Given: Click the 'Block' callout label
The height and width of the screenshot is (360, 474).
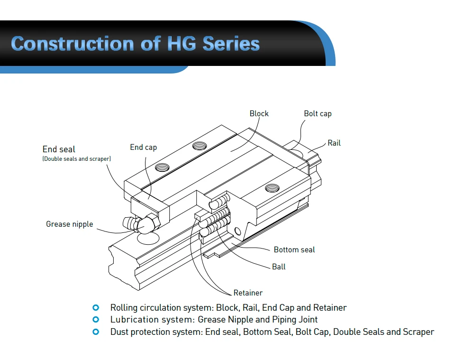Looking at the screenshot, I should coord(259,114).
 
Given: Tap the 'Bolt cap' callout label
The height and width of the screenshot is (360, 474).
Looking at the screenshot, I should coord(318,114).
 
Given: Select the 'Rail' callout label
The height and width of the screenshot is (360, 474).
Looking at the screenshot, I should coord(334,143).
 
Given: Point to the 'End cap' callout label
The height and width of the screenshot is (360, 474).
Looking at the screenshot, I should coord(143,147).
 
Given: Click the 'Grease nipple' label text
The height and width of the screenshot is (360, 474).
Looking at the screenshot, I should coord(69,224).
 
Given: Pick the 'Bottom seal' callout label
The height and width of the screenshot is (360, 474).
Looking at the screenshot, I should coord(294,249).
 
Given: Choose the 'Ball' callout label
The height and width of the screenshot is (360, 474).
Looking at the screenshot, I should coord(279,267).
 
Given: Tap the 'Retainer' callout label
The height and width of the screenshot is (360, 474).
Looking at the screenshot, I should coord(248,293).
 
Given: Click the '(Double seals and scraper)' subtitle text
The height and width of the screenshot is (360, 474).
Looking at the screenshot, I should coord(77,159).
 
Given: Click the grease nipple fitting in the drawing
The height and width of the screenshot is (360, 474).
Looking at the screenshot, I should coord(137,223).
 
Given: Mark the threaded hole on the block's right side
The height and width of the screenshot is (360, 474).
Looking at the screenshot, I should coord(272,188).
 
